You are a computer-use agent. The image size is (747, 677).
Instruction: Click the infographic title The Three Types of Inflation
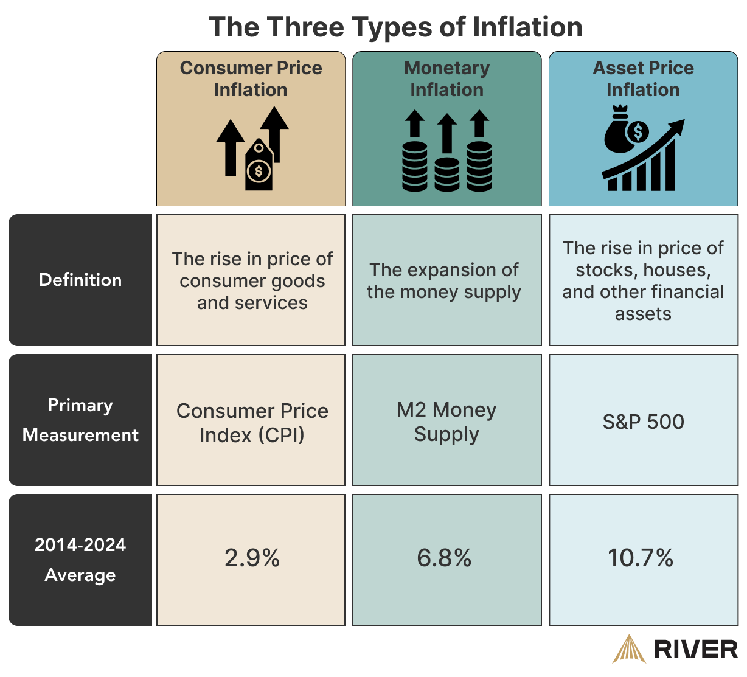pos(395,27)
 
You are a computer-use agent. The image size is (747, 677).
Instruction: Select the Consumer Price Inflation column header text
pos(251,78)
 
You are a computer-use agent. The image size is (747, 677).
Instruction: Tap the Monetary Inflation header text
pos(446,78)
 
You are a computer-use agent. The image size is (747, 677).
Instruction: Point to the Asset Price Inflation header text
pos(643,78)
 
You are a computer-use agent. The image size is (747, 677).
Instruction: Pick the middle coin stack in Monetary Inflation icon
pos(447,175)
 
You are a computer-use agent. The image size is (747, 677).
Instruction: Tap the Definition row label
pos(80,280)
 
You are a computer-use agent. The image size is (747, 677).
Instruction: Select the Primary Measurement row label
pos(80,420)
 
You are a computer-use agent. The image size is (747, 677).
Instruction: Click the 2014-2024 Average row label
pos(80,560)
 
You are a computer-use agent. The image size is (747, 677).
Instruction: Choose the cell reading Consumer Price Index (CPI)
pos(252,423)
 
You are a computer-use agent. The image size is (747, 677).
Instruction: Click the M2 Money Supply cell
pos(446,422)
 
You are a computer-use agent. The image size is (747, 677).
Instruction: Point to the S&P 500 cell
pos(643,422)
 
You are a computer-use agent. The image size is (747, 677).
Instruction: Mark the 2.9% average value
pos(252,558)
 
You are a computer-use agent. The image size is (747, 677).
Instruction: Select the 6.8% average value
pos(444,558)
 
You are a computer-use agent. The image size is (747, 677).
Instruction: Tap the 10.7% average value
pos(641,558)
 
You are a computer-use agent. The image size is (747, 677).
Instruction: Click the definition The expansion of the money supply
pos(444,280)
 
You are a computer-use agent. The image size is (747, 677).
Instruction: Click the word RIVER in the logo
pos(695,649)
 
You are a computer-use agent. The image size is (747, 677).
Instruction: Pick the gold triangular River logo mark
pos(628,649)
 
